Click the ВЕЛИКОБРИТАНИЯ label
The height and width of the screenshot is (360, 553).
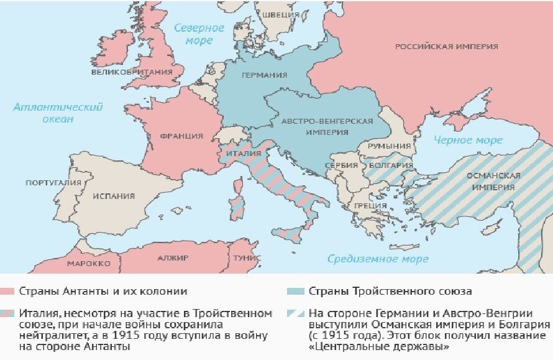[x=131, y=72]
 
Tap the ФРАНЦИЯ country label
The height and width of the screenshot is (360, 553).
[x=181, y=136]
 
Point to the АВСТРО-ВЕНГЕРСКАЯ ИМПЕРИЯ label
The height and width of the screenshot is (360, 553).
[x=326, y=126]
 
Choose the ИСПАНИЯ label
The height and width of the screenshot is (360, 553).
[x=114, y=196]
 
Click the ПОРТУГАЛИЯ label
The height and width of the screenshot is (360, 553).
[x=53, y=183]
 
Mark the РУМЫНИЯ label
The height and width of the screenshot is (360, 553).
[x=390, y=145]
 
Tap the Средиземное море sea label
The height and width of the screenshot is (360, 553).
[x=378, y=259]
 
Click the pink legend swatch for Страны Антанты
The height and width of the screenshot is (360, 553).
[x=7, y=291]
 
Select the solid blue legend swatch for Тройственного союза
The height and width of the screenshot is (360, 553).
[x=296, y=291]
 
